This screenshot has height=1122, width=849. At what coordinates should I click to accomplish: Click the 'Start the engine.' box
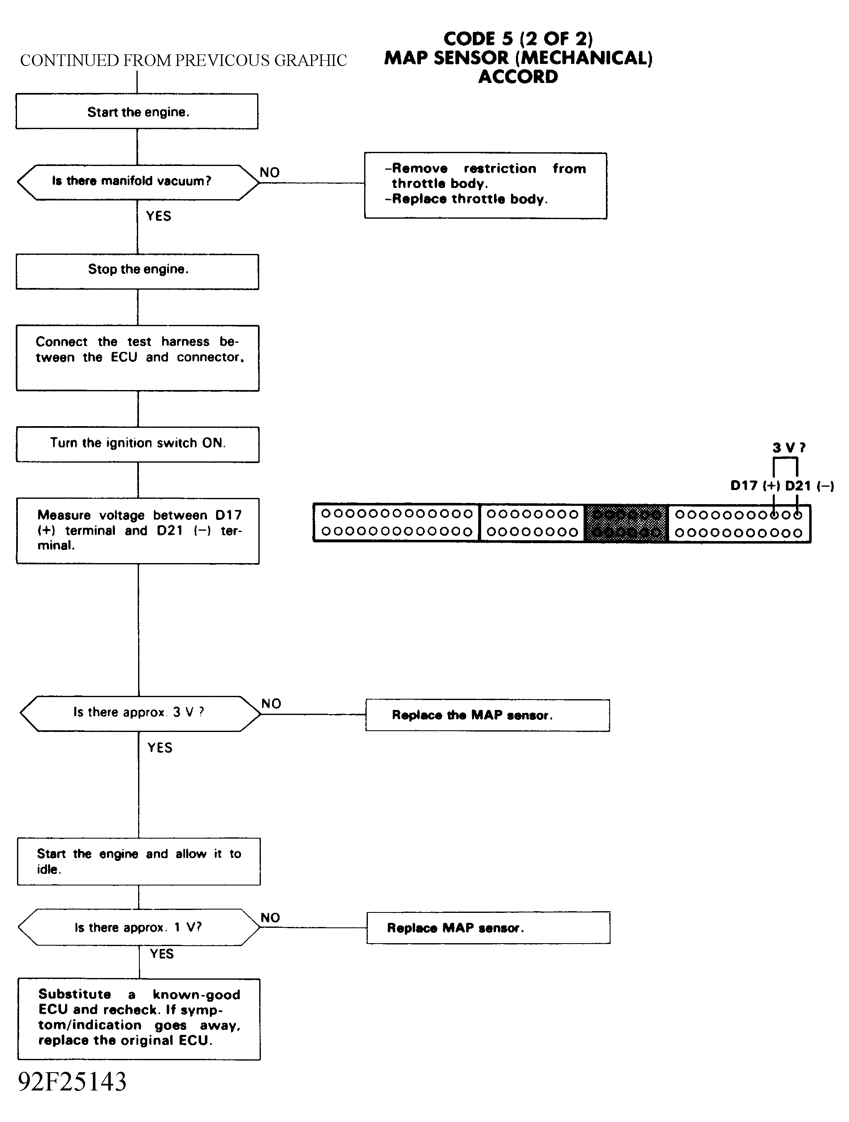pyautogui.click(x=137, y=111)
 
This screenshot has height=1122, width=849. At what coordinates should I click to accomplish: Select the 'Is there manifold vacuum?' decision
pyautogui.click(x=138, y=182)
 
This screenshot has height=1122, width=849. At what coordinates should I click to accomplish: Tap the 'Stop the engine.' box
pyautogui.click(x=137, y=272)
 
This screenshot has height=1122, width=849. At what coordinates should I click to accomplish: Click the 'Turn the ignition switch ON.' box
pyautogui.click(x=137, y=444)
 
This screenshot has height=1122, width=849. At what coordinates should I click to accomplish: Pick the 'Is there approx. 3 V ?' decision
pyautogui.click(x=140, y=713)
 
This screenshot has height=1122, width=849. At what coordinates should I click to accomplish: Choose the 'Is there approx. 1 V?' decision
pyautogui.click(x=139, y=927)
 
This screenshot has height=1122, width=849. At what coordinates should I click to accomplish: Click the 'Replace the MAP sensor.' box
pyautogui.click(x=488, y=715)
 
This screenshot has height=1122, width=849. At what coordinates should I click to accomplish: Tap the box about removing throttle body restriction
pyautogui.click(x=486, y=185)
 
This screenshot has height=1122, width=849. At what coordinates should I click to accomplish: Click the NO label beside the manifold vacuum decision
pyautogui.click(x=270, y=173)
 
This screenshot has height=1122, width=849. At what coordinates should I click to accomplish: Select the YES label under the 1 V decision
pyautogui.click(x=162, y=954)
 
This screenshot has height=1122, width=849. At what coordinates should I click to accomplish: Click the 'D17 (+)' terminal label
pyautogui.click(x=755, y=485)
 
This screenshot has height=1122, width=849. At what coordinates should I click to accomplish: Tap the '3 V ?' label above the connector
pyautogui.click(x=789, y=447)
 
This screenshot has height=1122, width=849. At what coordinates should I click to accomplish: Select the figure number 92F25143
pyautogui.click(x=72, y=1081)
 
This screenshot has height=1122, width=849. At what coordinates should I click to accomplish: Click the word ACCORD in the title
pyautogui.click(x=518, y=77)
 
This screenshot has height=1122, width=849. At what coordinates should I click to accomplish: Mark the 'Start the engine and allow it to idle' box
pyautogui.click(x=139, y=861)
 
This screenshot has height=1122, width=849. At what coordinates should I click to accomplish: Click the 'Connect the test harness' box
pyautogui.click(x=137, y=358)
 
